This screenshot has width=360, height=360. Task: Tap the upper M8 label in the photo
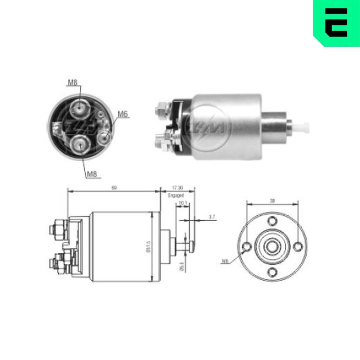point(73,82)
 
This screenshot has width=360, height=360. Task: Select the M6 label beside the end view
point(123,114)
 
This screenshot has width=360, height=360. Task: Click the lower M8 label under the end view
point(92,174)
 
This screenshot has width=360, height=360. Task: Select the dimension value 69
point(114,187)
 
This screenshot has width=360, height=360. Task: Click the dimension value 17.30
point(177,188)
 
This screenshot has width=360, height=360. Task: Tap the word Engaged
point(176,195)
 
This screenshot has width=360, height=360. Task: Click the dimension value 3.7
point(212,217)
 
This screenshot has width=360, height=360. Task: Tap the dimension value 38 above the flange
point(273,201)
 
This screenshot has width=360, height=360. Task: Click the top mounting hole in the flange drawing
point(273,220)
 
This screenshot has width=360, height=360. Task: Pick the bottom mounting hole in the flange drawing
point(273,272)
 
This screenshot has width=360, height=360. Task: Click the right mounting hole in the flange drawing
point(298,247)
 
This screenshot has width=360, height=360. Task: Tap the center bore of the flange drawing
point(273,246)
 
